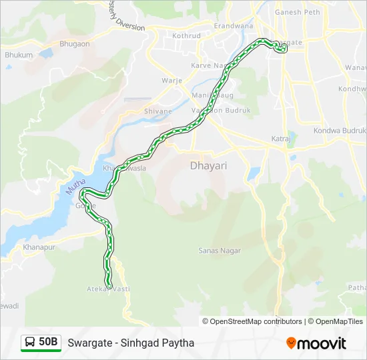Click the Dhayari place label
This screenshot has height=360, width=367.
click(x=208, y=165)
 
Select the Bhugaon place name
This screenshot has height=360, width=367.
click(x=74, y=43)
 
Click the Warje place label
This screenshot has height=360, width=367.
click(x=171, y=81)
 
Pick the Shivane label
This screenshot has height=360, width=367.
click(x=158, y=111)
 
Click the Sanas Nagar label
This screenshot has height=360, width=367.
click(x=220, y=251)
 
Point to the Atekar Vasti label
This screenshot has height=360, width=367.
click(x=108, y=289)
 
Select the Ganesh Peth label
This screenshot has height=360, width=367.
click(x=298, y=11)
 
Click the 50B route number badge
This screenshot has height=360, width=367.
click(x=48, y=342)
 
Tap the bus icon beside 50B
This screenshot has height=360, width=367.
click(x=30, y=343)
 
